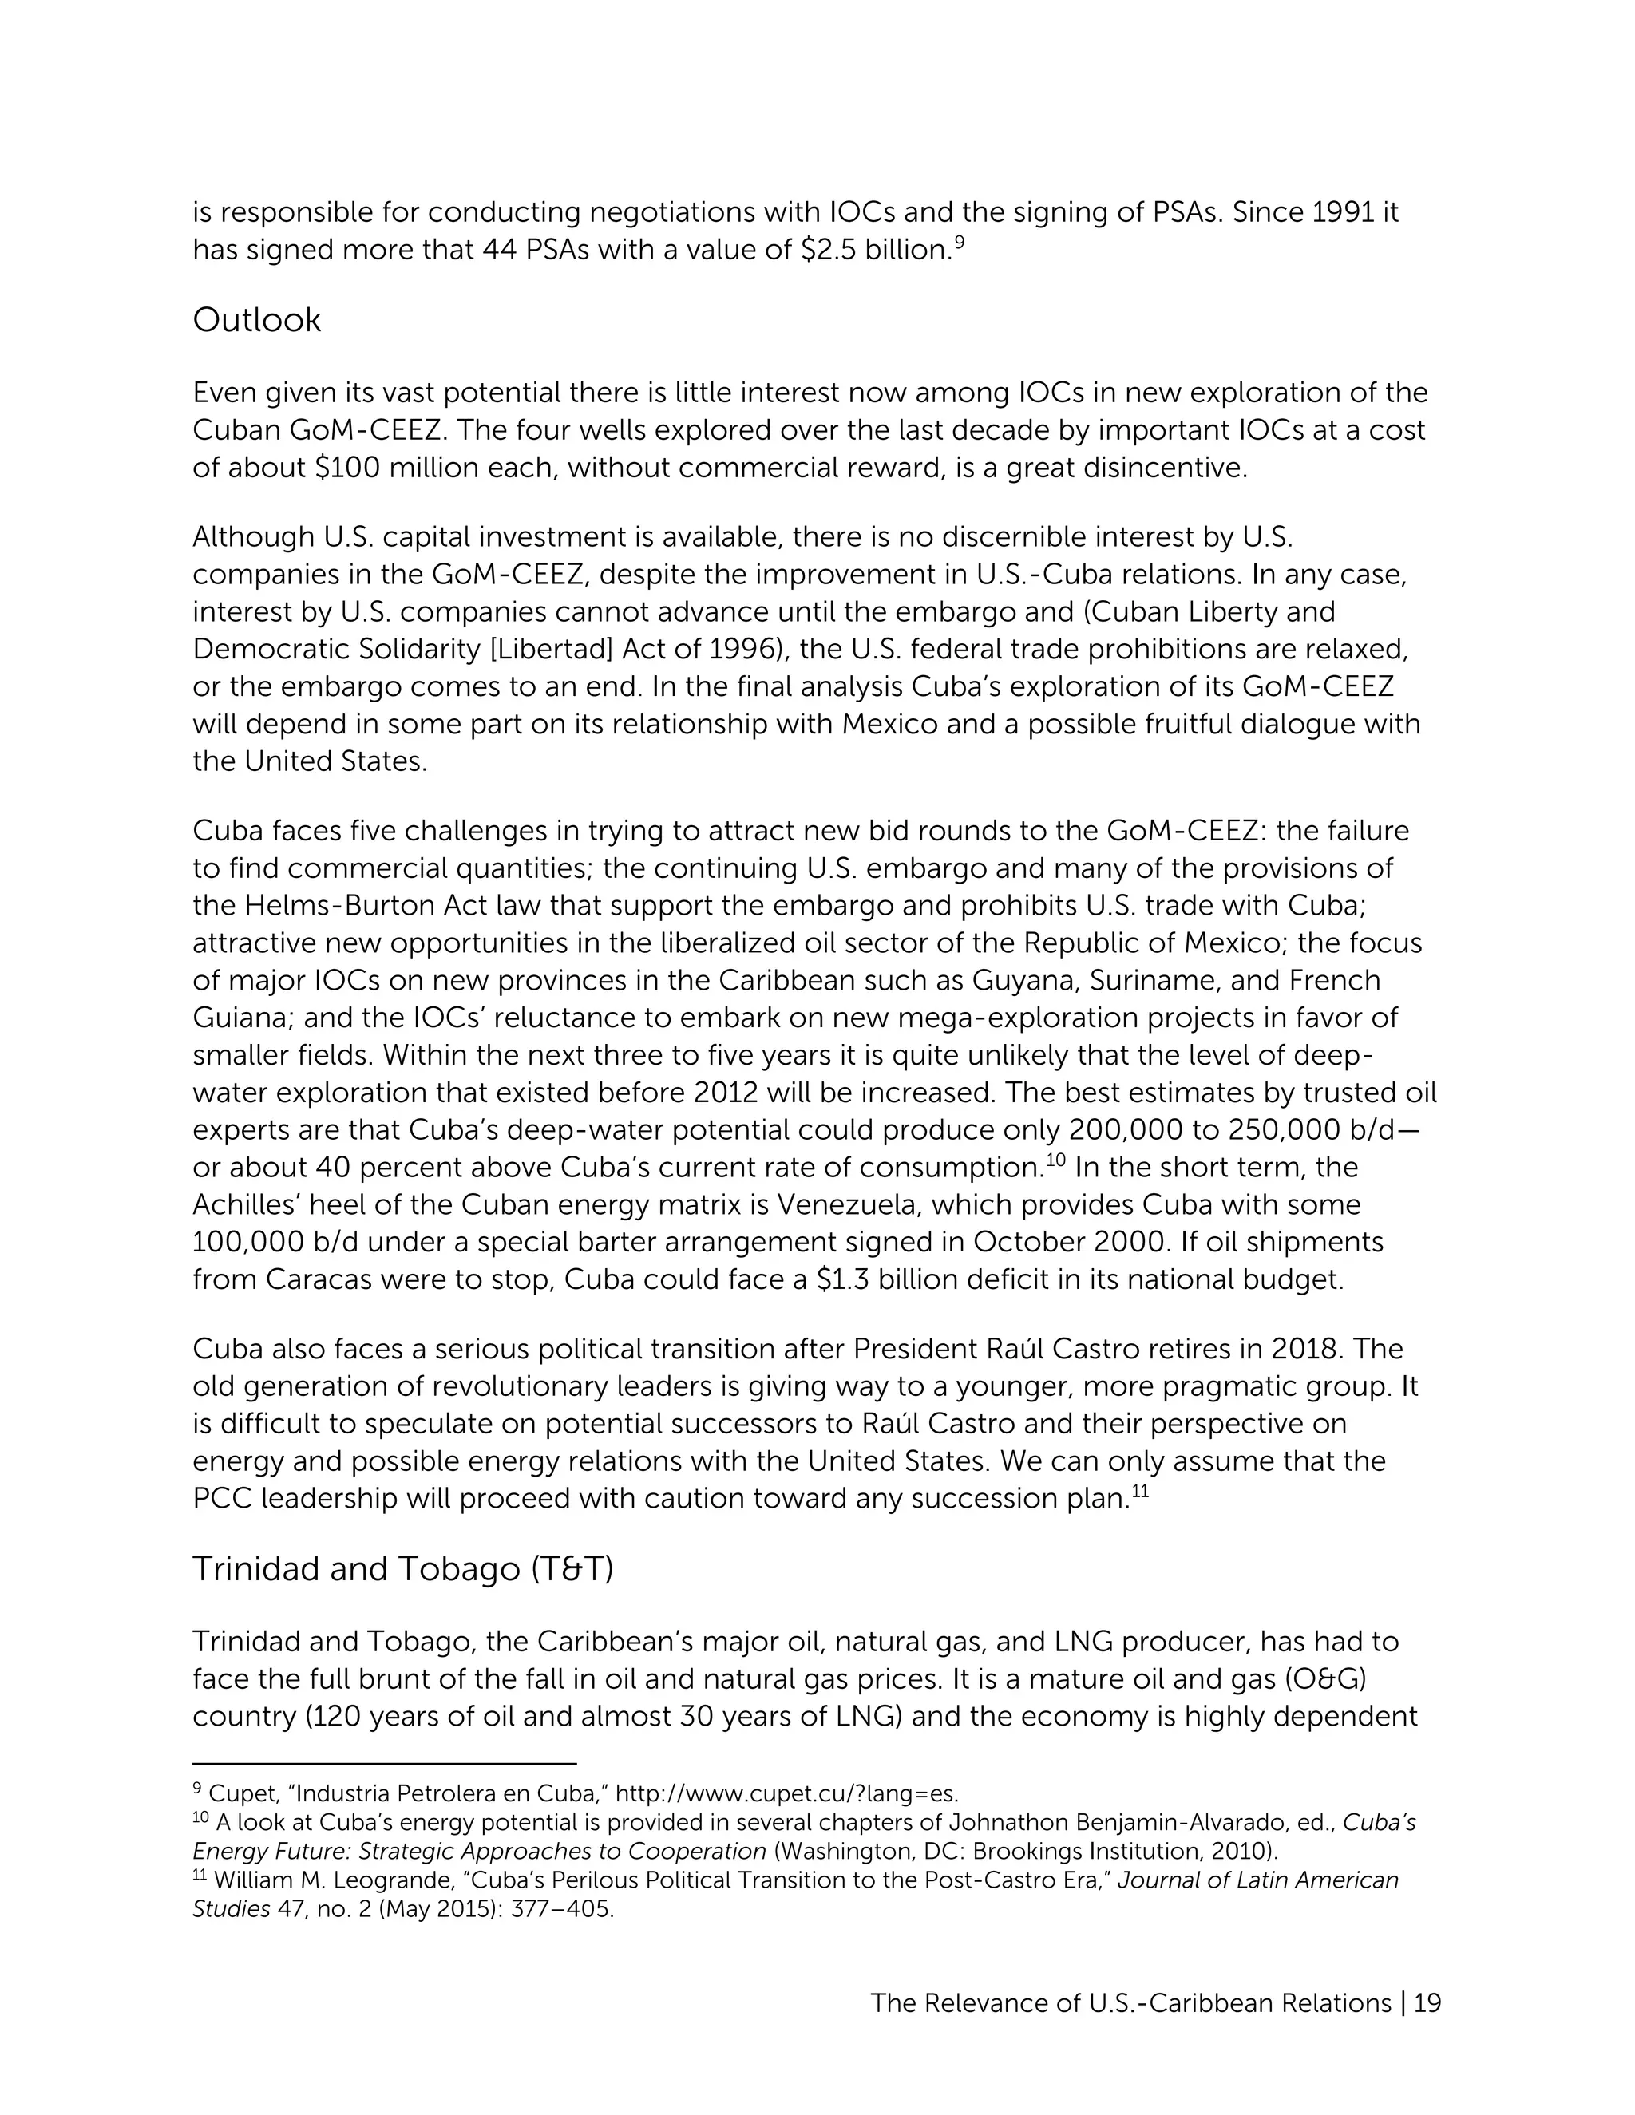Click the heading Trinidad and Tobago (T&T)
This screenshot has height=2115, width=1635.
pyautogui.click(x=403, y=1569)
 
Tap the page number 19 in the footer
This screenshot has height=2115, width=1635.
pyautogui.click(x=1427, y=2002)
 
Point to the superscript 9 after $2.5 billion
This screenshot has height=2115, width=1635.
pyautogui.click(x=959, y=242)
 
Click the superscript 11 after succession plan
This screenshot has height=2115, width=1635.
pyautogui.click(x=1140, y=1492)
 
